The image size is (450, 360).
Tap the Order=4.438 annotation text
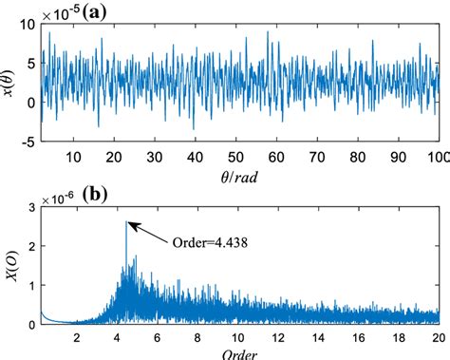click(206, 240)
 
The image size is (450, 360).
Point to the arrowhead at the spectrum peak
click(130, 224)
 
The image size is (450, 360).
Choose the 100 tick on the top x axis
click(436, 157)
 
